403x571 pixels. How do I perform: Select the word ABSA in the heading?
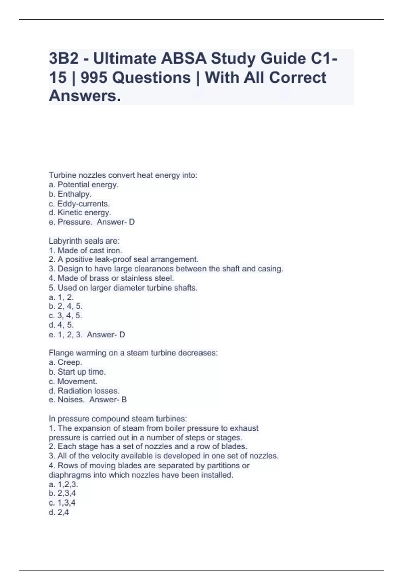click(183, 59)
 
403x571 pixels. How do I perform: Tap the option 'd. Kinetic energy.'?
click(80, 213)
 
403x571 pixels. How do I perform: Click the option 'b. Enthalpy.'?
click(70, 194)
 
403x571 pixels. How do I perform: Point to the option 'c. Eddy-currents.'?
click(79, 204)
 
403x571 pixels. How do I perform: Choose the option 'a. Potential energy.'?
click(84, 185)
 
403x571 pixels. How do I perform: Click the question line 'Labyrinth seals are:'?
click(84, 241)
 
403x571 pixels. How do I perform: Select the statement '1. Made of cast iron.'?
click(85, 250)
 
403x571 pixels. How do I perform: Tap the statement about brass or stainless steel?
click(111, 278)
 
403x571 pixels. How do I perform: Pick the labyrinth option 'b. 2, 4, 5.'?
click(65, 306)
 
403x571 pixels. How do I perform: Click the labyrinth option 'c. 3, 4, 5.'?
click(65, 315)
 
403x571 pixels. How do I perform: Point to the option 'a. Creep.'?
click(65, 362)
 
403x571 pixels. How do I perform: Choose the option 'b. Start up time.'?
click(77, 372)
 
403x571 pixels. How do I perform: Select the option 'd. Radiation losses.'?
click(84, 391)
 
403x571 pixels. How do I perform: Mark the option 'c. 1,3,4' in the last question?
click(62, 503)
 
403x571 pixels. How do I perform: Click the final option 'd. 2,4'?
click(59, 512)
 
